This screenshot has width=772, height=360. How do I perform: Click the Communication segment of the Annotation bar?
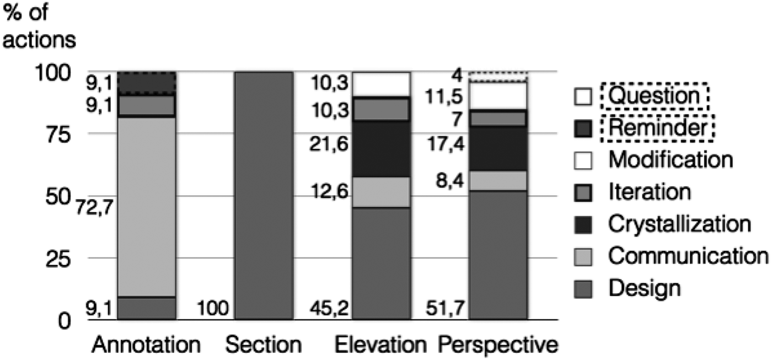[147, 207]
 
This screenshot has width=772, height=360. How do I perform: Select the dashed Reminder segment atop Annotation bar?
[147, 83]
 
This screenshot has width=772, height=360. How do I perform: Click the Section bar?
[264, 195]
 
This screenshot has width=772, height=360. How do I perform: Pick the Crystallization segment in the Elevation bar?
[381, 149]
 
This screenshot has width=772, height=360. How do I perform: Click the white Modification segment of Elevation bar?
[381, 84]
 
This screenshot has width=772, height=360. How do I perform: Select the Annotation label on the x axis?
[146, 345]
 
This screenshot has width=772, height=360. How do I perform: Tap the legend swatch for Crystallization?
[585, 225]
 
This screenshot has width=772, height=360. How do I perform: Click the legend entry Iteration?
[649, 193]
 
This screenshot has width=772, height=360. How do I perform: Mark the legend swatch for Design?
[585, 288]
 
